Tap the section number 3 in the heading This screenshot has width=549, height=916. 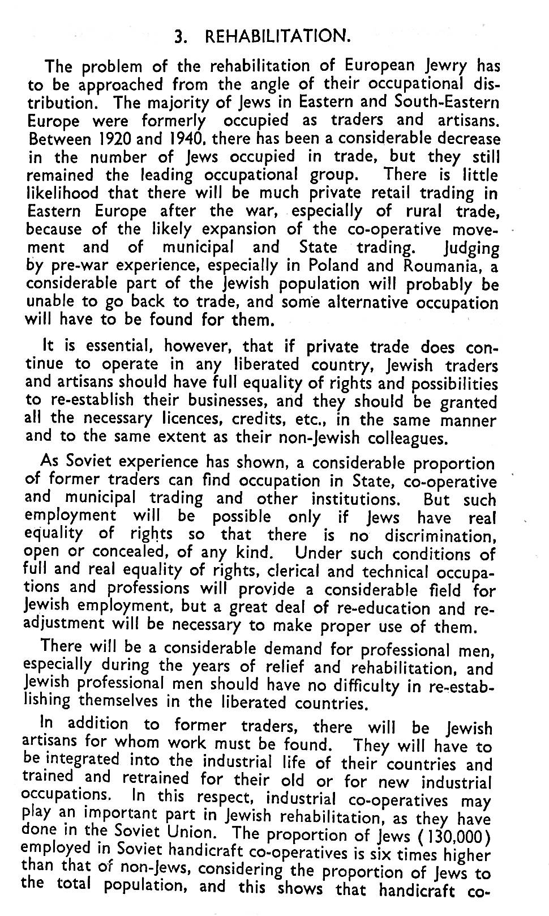point(179,37)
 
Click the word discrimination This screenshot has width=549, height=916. point(440,535)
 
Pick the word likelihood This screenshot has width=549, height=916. point(63,193)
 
